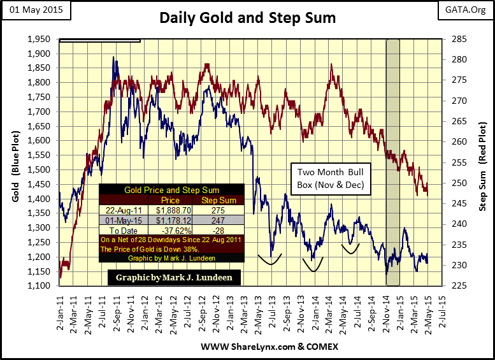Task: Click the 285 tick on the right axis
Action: (x=460, y=39)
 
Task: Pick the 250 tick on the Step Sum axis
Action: (x=460, y=183)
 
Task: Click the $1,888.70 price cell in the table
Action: (x=173, y=209)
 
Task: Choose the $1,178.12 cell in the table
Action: (x=173, y=219)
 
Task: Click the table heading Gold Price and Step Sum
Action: (x=171, y=190)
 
